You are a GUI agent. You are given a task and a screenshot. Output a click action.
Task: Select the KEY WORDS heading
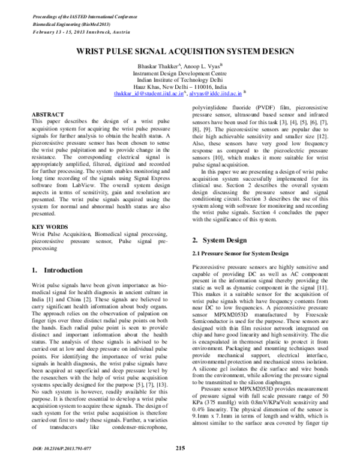[50, 226]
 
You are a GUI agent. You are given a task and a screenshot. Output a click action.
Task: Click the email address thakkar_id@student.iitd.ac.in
[149, 94]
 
